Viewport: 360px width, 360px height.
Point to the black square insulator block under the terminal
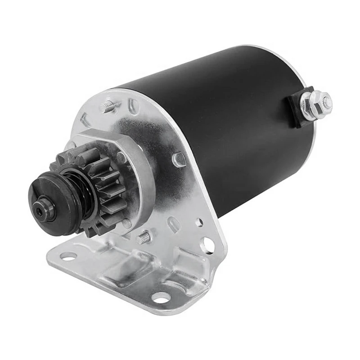[x=298, y=108]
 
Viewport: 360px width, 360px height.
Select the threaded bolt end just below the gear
[x=144, y=237]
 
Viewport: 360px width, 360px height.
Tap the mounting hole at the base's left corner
[x=68, y=256]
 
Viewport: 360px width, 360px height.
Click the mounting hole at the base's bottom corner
[x=161, y=297]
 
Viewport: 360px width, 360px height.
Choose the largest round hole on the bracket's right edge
[x=208, y=244]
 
